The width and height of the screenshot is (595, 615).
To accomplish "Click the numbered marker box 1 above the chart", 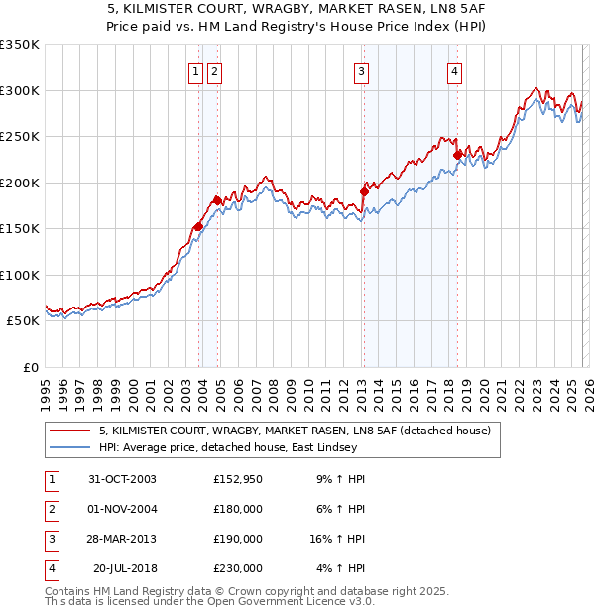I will [195, 71].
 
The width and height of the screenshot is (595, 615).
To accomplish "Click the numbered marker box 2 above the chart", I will [215, 71].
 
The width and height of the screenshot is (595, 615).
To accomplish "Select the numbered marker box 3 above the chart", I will [361, 71].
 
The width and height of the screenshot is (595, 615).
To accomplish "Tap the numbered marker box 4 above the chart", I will [454, 71].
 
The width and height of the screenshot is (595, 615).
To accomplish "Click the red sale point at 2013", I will [364, 192].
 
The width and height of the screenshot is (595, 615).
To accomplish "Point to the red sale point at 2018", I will [457, 155].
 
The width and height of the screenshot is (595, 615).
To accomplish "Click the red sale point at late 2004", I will [218, 201].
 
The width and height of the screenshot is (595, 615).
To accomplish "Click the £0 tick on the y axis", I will [30, 367].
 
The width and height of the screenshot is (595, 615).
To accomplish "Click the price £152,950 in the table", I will [238, 479].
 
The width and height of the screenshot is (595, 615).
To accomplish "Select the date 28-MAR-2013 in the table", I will [122, 539].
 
